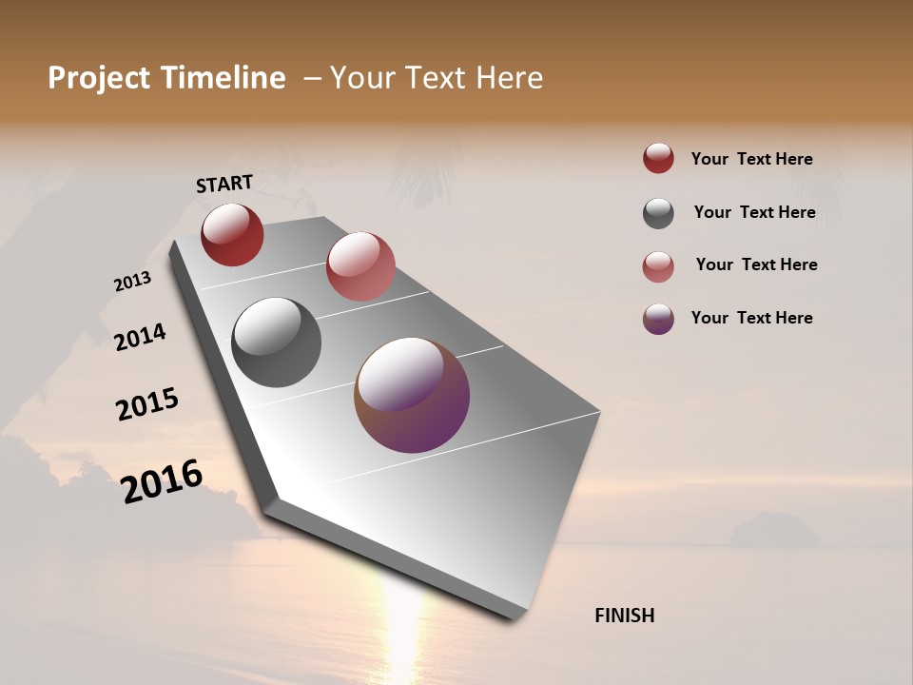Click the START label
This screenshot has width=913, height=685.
click(224, 183)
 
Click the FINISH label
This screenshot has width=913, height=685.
click(624, 616)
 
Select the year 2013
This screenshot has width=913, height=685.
click(132, 282)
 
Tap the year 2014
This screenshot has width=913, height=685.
click(140, 337)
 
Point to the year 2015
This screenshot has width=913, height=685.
click(147, 404)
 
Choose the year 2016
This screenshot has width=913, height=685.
click(162, 480)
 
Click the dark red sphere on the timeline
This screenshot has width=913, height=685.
click(232, 234)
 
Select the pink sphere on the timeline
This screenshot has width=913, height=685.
click(360, 266)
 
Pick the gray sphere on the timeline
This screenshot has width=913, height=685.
click(276, 342)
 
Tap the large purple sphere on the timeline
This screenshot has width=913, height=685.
click(412, 395)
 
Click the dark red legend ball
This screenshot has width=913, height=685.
click(658, 158)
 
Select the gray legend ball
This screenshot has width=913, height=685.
click(658, 213)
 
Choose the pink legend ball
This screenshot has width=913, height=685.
click(658, 266)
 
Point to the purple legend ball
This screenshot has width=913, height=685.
click(658, 319)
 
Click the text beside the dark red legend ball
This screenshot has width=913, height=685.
click(751, 159)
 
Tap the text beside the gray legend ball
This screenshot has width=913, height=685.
click(754, 212)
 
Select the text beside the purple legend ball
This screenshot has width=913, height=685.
click(751, 318)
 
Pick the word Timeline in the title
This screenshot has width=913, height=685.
click(223, 78)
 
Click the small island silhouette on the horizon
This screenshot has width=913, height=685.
click(773, 530)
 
